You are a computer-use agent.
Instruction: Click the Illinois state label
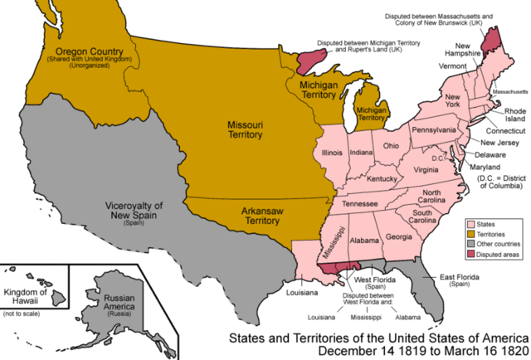tap(333, 153)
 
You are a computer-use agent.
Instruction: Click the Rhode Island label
tap(511, 113)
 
